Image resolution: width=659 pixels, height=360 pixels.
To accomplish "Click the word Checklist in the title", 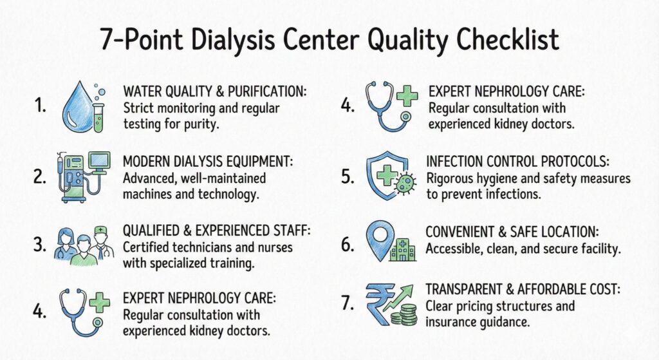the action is click(508, 39).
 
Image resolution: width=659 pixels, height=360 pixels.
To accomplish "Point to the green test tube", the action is click(98, 113).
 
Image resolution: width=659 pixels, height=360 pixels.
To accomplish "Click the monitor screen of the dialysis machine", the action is click(100, 160).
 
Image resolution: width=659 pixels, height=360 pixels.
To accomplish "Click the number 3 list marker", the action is click(39, 244).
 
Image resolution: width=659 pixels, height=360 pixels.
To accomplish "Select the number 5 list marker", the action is click(347, 177).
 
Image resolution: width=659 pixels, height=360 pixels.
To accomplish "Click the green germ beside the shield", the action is click(405, 183).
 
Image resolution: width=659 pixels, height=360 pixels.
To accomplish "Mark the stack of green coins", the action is click(404, 315).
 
